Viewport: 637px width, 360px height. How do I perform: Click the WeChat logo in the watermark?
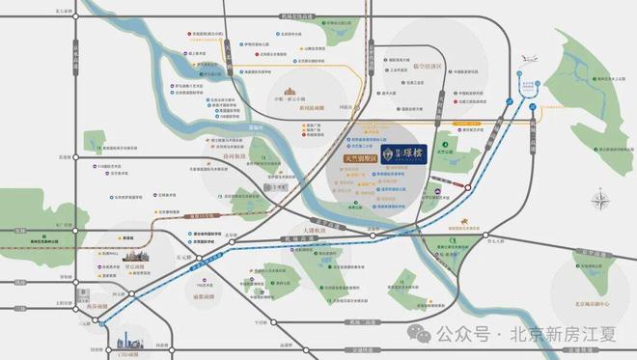421,333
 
